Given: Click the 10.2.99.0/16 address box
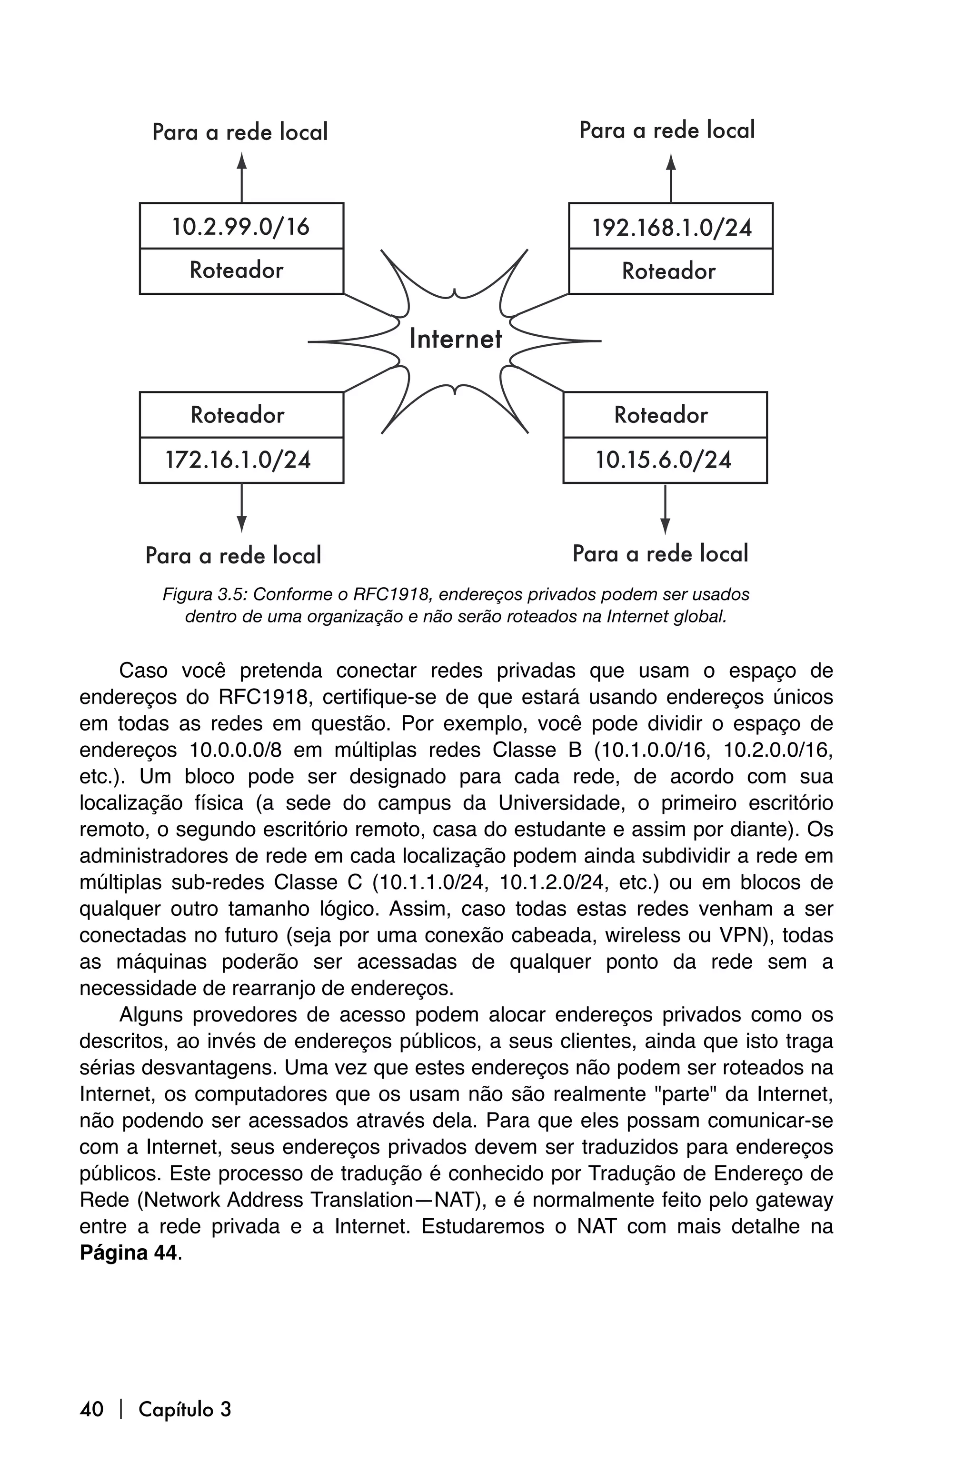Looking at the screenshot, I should click(x=241, y=226).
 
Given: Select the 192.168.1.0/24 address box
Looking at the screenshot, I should click(x=671, y=227).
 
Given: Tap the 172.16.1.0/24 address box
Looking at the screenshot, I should click(x=241, y=461).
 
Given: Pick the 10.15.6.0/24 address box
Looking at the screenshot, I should click(x=665, y=461).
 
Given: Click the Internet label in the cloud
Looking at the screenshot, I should click(x=455, y=340).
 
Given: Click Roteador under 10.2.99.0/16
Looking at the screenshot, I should click(x=241, y=271).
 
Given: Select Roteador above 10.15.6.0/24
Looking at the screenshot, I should click(x=665, y=415).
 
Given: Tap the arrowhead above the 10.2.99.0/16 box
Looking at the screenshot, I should click(x=242, y=160).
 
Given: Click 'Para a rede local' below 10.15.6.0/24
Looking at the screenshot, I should click(x=660, y=553).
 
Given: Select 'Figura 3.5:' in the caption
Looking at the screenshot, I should click(x=205, y=595).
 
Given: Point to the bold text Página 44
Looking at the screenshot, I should click(x=129, y=1252).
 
